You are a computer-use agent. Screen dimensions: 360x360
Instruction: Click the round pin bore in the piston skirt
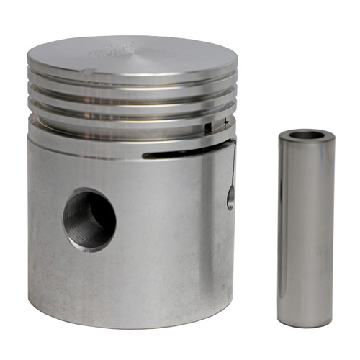[x=89, y=219]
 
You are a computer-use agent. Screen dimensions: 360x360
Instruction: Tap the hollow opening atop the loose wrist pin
[x=305, y=134]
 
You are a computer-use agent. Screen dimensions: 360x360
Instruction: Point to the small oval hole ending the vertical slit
[x=230, y=196]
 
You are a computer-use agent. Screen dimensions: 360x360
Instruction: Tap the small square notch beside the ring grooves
[x=208, y=128]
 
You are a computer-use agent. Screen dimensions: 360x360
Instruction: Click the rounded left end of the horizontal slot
[x=146, y=155]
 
